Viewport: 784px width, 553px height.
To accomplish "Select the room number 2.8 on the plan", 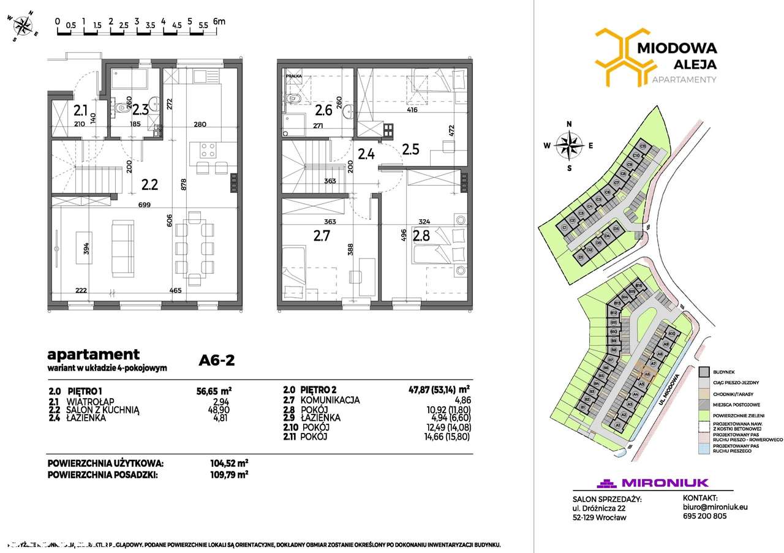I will [421, 235].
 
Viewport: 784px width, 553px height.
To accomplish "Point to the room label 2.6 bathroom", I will [324, 111].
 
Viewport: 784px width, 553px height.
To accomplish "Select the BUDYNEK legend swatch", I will [706, 372].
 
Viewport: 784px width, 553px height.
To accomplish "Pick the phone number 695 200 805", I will [706, 516].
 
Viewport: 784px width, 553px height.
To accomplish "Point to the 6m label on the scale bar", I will [219, 21].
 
